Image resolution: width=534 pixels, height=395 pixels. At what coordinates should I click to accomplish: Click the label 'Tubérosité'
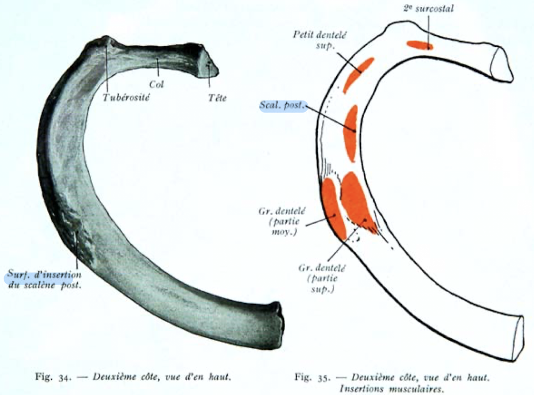(123, 97)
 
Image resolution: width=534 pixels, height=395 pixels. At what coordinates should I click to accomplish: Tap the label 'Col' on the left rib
(156, 84)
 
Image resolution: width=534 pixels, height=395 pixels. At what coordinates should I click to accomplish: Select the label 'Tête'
(217, 97)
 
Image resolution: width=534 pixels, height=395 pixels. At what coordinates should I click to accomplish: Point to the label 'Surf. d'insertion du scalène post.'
(45, 280)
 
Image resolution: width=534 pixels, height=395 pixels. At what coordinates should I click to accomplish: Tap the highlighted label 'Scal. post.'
(283, 105)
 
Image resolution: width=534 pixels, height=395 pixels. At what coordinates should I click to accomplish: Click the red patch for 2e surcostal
(419, 45)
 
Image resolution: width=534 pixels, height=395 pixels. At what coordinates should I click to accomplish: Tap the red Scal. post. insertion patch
(350, 133)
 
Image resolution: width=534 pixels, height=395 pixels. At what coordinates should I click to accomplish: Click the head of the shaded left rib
(208, 67)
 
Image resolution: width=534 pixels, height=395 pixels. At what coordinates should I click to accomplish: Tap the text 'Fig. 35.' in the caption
(308, 377)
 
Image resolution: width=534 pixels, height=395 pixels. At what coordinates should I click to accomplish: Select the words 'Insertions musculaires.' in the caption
(392, 389)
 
